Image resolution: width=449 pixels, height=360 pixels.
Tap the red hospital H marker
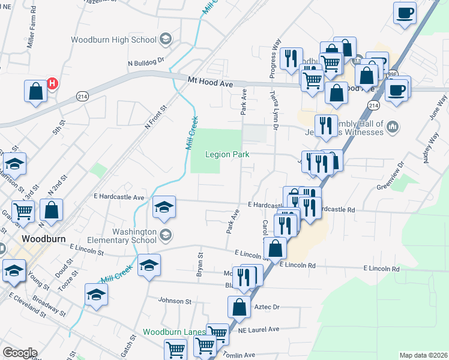[52, 83]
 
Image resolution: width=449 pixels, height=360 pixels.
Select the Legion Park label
[227, 154]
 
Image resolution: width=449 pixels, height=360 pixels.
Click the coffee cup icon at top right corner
[405, 13]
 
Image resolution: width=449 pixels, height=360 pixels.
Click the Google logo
[20, 352]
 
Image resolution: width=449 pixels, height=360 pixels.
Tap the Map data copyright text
[423, 355]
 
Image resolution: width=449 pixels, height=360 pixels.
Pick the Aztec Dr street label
[268, 307]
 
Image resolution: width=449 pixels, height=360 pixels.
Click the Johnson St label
[174, 301]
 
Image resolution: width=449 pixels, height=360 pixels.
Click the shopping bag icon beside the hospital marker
[35, 92]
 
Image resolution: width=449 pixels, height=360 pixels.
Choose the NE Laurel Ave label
[258, 329]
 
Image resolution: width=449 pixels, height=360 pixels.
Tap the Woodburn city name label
[43, 238]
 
